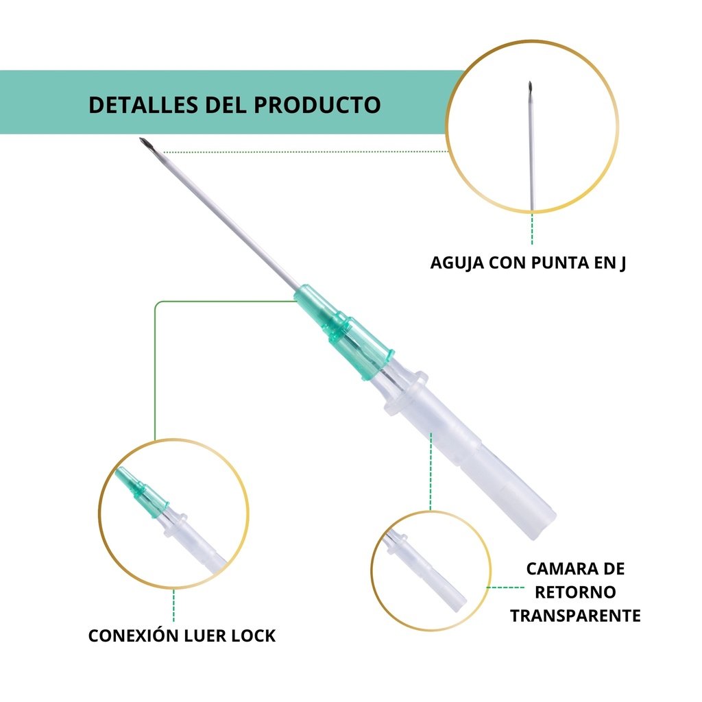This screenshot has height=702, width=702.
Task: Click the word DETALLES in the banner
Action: (143, 105)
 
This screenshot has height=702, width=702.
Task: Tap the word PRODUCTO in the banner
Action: (317, 105)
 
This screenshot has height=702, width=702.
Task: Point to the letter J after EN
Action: (622, 263)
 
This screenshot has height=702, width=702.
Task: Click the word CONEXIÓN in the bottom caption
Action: (134, 636)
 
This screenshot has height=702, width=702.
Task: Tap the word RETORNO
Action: (575, 592)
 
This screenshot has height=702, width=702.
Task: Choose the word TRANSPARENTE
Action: (575, 615)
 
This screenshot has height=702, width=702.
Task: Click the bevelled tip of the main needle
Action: (146, 143)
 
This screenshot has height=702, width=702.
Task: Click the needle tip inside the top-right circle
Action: (530, 88)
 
